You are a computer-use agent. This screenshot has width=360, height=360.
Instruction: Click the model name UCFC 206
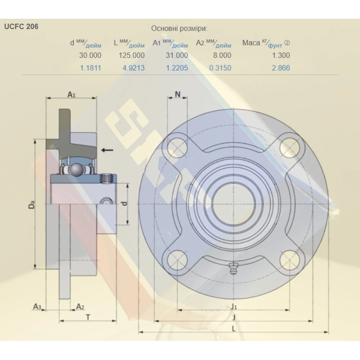(21, 26)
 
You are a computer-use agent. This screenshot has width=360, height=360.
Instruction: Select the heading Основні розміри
(179, 28)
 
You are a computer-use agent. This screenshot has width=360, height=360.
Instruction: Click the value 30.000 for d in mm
(90, 55)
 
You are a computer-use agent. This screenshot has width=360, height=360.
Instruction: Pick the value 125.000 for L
(131, 55)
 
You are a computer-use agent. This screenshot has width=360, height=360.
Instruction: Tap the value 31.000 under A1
(177, 55)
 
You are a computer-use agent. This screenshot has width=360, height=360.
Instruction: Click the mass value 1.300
(281, 55)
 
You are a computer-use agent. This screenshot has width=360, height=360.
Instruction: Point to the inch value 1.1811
(90, 68)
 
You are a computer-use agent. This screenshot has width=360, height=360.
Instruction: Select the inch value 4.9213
(134, 68)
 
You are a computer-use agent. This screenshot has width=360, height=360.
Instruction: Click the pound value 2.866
(281, 68)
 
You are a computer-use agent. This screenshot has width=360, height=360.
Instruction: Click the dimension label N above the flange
(177, 94)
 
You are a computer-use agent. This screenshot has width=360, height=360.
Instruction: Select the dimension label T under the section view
(88, 317)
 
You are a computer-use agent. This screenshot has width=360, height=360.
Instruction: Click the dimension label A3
(37, 307)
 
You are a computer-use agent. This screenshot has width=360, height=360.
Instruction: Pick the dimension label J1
(234, 306)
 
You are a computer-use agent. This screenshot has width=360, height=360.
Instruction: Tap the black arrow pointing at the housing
(107, 150)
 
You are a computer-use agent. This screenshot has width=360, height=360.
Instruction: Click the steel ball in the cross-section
(76, 170)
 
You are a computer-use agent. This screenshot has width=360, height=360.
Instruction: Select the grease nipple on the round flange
(233, 268)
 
